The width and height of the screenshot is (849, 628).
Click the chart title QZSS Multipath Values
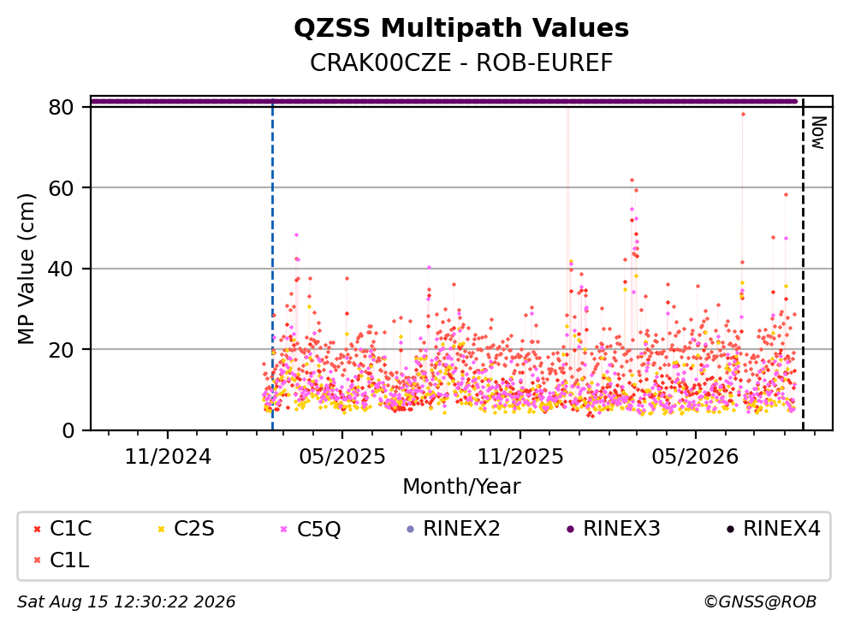tap(461, 28)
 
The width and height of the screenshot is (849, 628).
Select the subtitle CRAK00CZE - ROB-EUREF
tap(461, 62)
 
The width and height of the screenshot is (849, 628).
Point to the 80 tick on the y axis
tap(61, 107)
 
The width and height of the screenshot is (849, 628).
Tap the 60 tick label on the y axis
tap(61, 188)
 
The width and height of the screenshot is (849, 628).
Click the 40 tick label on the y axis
tap(61, 269)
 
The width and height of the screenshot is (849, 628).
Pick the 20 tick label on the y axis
tap(61, 350)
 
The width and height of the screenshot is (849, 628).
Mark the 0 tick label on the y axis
tap(68, 430)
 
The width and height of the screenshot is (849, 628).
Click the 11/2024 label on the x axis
tap(168, 457)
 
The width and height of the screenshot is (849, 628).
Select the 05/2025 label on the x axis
tap(342, 457)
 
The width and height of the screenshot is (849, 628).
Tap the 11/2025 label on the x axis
tap(519, 457)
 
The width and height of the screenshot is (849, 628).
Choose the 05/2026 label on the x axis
tap(695, 457)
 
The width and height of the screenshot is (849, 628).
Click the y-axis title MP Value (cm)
tap(26, 269)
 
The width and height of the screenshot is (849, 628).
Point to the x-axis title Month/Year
tap(461, 486)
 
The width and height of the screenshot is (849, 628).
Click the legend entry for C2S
tap(186, 529)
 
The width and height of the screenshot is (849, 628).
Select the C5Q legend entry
tap(311, 529)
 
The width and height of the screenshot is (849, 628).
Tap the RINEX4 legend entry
tap(773, 529)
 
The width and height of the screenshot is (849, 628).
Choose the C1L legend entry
tap(61, 560)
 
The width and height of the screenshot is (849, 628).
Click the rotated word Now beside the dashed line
tap(817, 133)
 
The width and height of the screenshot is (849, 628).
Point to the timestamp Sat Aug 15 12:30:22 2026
tap(126, 601)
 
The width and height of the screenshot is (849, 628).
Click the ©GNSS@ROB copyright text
tap(760, 601)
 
